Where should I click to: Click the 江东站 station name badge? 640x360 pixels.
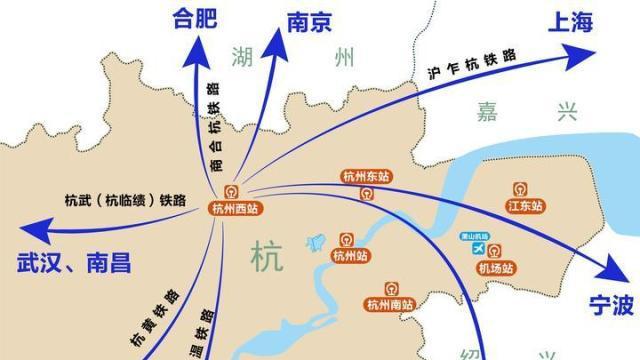click(525, 206)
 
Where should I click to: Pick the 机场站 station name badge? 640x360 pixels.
click(496, 268)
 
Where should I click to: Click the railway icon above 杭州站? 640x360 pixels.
click(347, 241)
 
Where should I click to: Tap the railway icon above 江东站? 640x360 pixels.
click(521, 188)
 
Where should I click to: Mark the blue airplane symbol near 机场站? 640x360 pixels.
click(478, 247)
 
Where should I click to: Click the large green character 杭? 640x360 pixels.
click(267, 256)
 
